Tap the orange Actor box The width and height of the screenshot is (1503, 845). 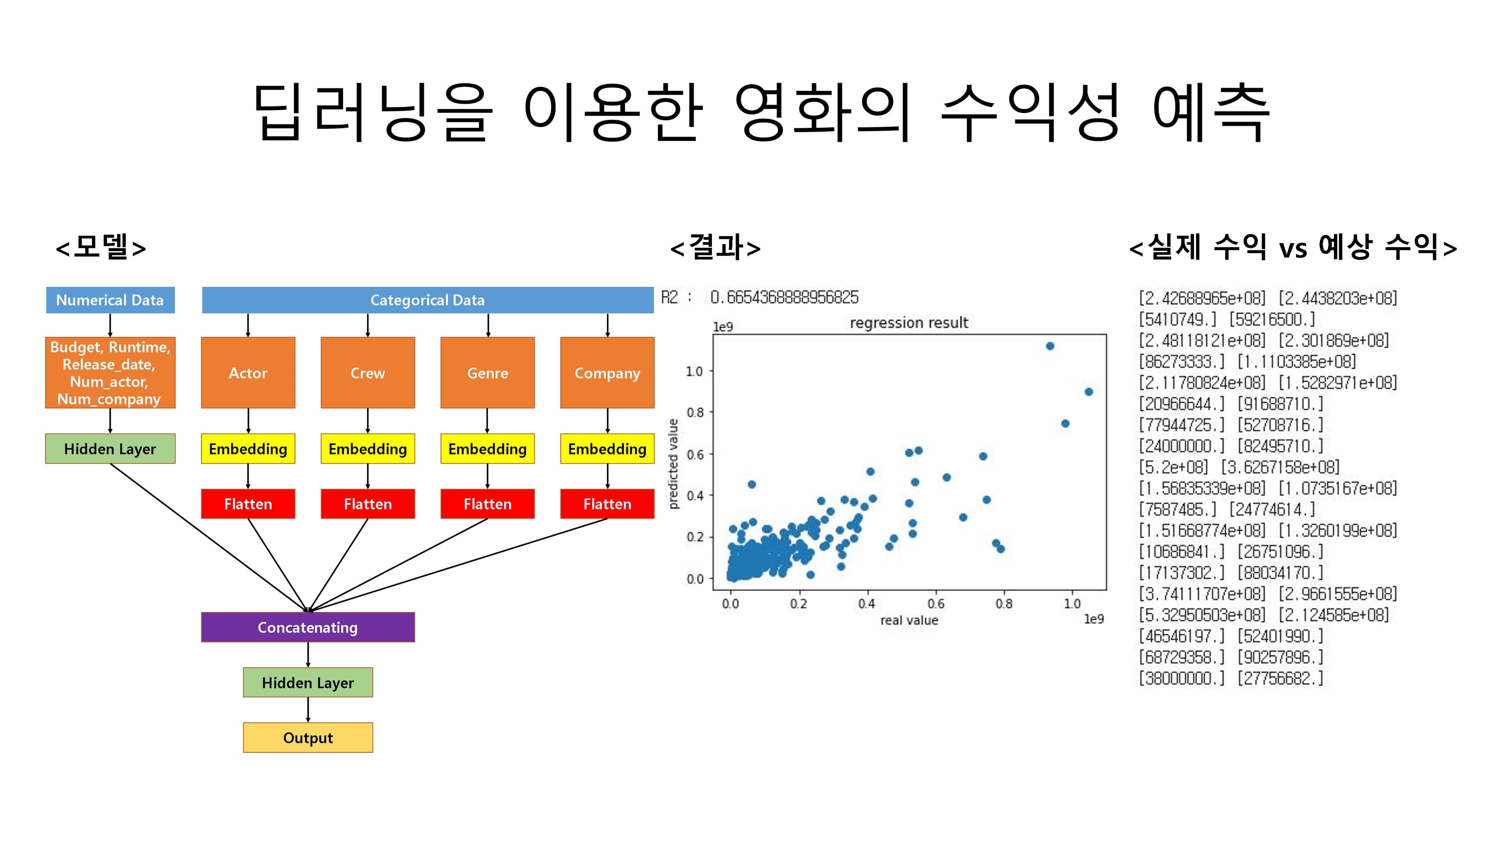click(248, 373)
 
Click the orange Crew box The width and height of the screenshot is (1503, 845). click(368, 373)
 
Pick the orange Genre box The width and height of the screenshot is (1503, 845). click(487, 373)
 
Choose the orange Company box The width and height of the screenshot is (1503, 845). click(607, 373)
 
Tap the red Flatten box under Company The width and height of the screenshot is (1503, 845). click(607, 504)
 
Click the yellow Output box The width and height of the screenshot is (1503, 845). click(308, 738)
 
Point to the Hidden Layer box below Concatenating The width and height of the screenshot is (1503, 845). click(308, 682)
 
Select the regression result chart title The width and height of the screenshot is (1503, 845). click(908, 322)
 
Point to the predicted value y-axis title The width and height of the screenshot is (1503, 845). click(673, 464)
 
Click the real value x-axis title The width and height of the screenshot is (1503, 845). click(908, 620)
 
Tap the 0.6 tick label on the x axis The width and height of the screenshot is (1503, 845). click(935, 604)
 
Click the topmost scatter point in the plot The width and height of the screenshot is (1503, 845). click(1050, 346)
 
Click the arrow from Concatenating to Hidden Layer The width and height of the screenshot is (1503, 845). click(308, 655)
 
